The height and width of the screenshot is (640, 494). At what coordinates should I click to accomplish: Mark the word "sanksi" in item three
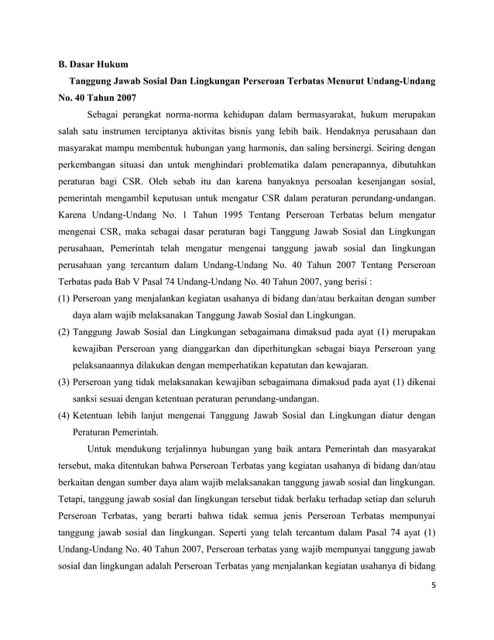coord(89,399)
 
